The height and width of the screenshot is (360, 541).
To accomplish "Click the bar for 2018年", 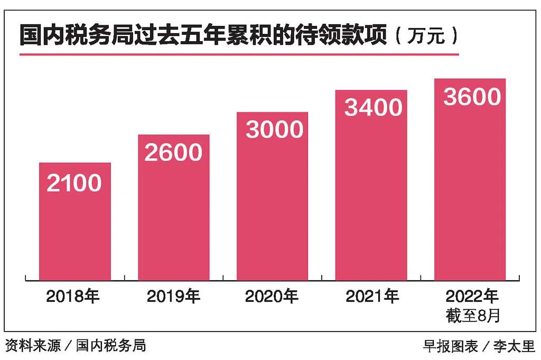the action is coord(75,221).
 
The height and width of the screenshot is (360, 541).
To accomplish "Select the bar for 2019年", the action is coord(173,207).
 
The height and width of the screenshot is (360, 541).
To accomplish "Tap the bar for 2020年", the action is coord(272,196).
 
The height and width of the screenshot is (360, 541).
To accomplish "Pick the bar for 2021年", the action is coord(371,185).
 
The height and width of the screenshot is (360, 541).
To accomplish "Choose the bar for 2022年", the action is coord(470,179).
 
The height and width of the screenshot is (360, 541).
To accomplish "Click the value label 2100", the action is coord(74,183).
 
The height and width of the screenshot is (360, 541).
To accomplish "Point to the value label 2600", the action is coord(173,153).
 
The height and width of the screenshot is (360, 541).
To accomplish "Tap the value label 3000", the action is coord(275,130).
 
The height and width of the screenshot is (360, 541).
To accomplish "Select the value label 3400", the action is coord(374,107).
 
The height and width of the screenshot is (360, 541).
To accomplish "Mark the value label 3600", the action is coord(472,97).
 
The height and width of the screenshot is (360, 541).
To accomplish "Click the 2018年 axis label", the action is coord(73,296).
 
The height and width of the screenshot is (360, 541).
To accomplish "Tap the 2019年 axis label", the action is coord(173,296).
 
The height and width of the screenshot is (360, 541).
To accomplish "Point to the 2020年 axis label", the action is coord(272,296).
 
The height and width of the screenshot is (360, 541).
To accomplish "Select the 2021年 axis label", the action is coord(372,296).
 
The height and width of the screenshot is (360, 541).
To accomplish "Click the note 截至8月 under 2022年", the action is coord(473,316).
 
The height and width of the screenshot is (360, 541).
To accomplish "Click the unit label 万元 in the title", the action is coord(426,35).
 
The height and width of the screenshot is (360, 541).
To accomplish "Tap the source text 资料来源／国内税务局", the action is coord(76,346).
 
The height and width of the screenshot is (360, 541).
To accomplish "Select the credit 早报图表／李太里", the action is coord(479,346).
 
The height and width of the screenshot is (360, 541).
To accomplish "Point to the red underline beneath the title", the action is coord(239,54).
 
